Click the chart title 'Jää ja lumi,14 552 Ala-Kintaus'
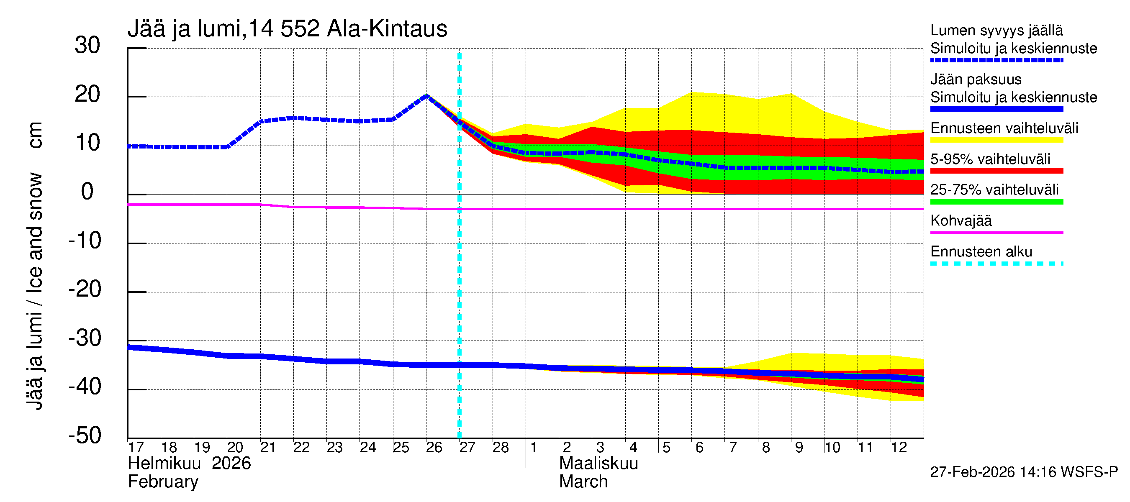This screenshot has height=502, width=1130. coord(288,29)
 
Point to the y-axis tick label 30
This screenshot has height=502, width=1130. coord(87,46)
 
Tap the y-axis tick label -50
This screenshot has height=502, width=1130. coord(85,436)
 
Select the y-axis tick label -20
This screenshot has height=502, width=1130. coord(85,289)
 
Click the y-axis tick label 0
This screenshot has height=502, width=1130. coord(87,192)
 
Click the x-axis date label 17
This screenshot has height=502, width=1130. coord(136,448)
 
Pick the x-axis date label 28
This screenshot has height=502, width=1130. coord(501,448)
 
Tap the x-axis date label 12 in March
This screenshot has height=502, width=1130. coord(899,448)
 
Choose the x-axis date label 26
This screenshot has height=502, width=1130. coord(434,448)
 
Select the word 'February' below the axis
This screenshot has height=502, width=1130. coord(163,482)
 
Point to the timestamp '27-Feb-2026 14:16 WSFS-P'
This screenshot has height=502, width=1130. coord(1024,472)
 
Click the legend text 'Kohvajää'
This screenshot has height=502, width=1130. coord(960,221)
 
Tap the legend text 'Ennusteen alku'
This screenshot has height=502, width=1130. coord(981,252)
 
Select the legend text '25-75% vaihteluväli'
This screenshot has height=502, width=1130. coord(994,190)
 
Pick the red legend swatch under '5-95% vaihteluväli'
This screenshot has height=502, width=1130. coord(996,171)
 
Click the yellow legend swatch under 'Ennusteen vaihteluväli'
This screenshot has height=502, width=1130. coord(996,140)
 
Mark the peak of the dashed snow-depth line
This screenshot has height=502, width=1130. coord(426,95)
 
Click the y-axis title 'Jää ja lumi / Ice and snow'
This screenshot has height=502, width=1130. coord(35,292)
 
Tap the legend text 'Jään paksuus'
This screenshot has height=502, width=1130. coord(976,80)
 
